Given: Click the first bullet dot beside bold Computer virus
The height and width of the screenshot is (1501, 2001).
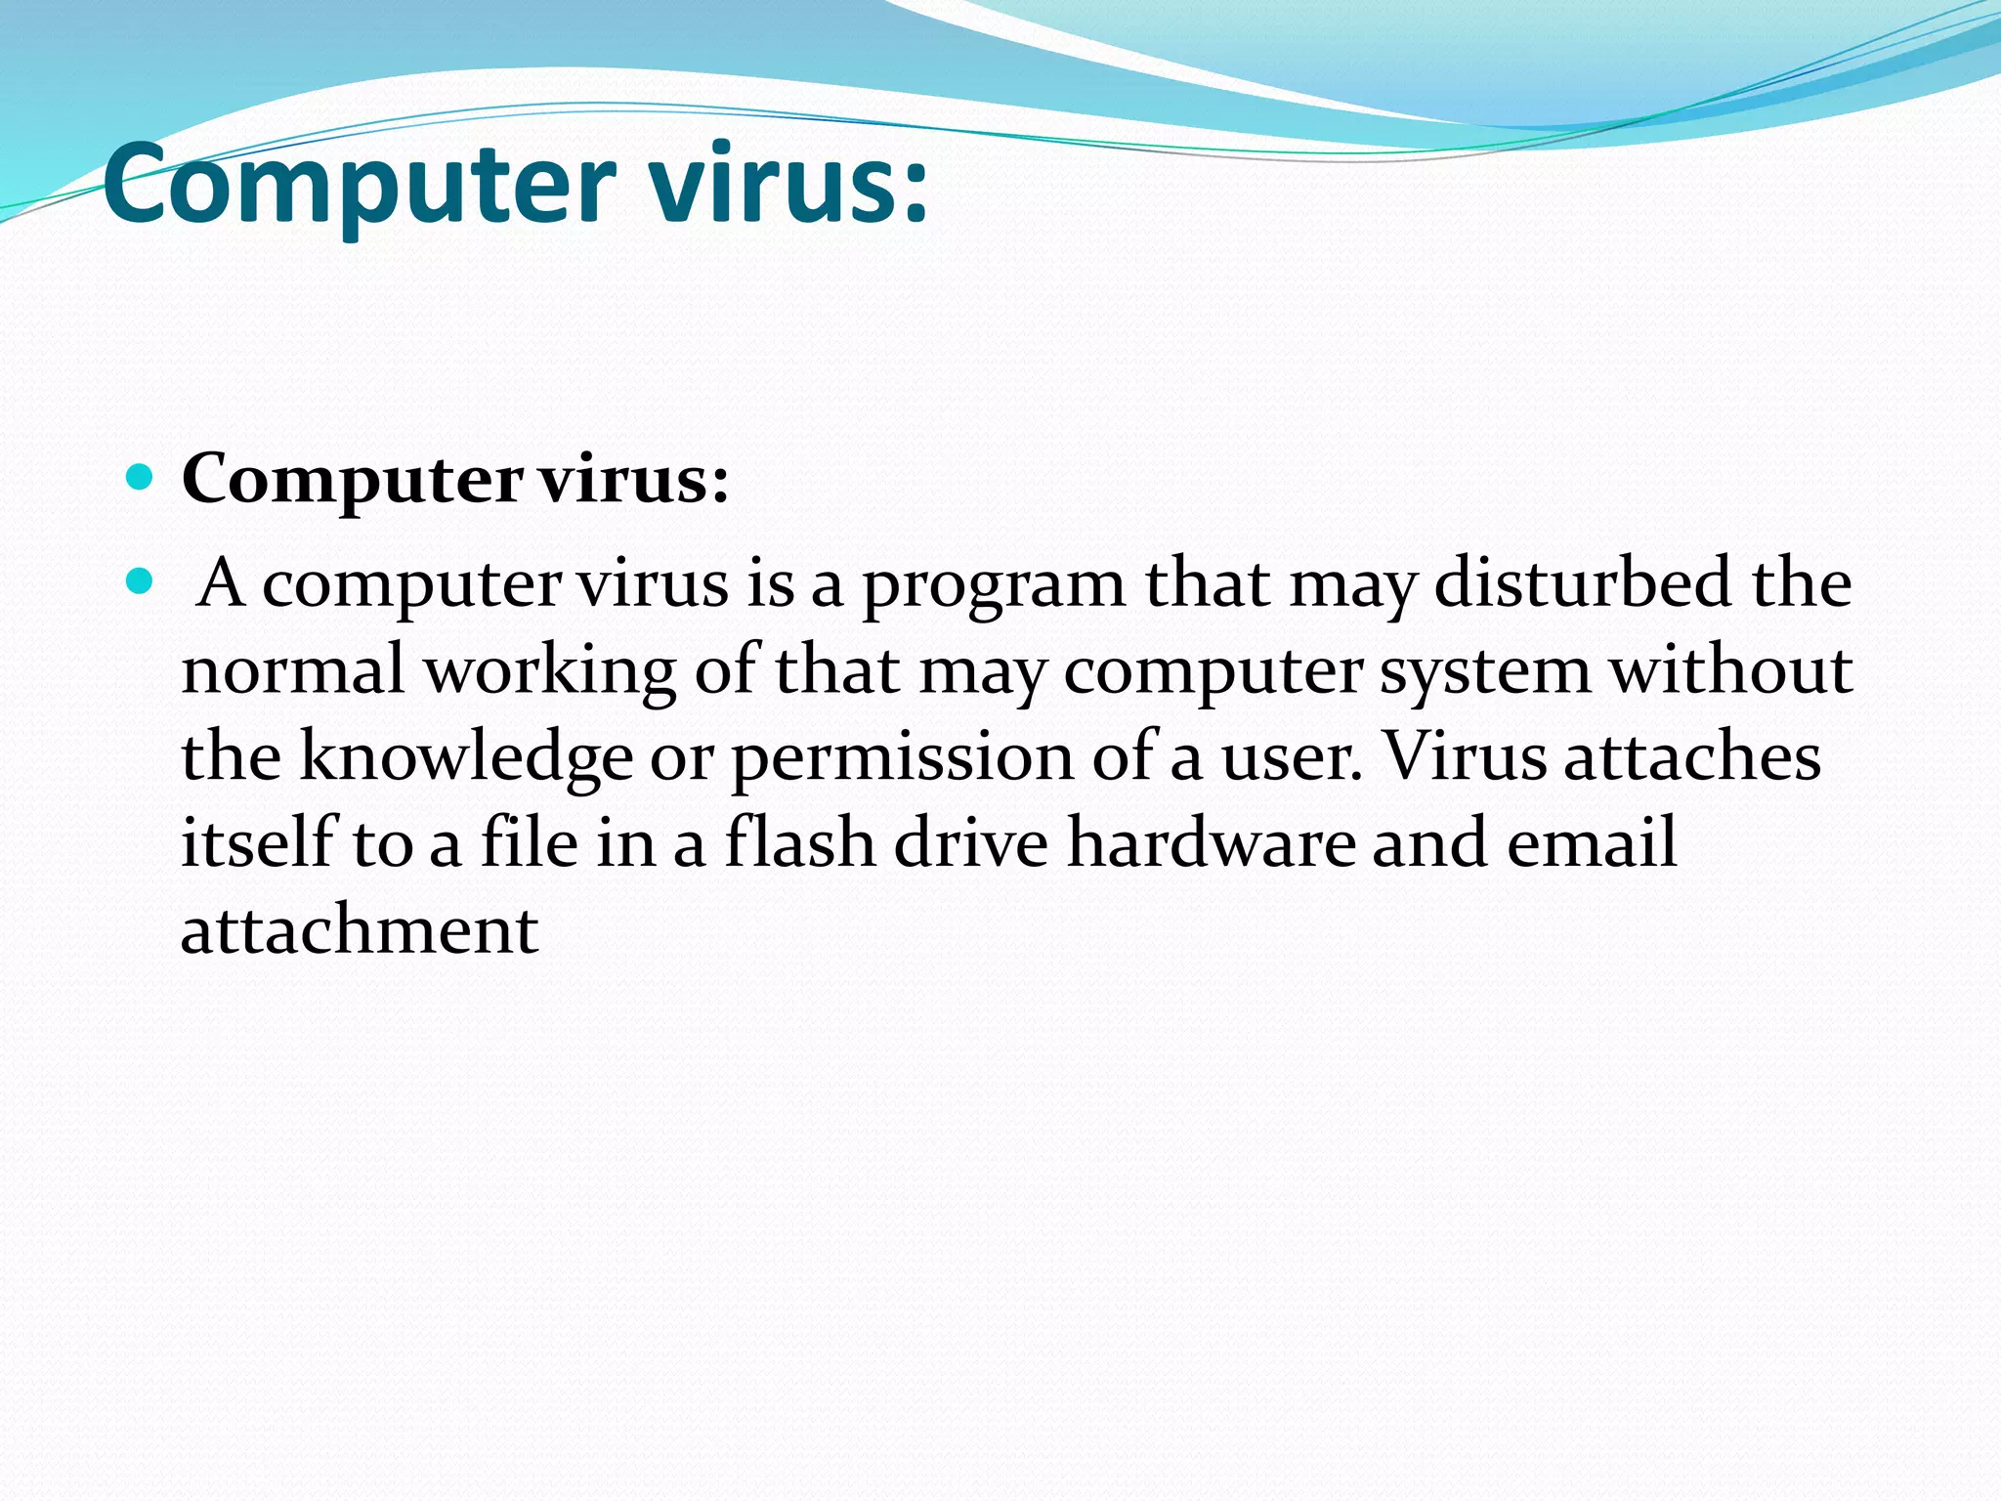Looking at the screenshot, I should pyautogui.click(x=141, y=478).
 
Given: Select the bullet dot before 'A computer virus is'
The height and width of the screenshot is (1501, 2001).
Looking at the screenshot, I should pyautogui.click(x=141, y=582).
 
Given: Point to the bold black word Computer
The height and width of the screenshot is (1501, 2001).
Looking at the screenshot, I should pyautogui.click(x=352, y=481).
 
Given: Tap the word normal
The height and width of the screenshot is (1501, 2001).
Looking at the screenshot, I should pyautogui.click(x=293, y=670).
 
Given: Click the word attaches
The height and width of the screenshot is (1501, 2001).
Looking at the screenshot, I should pyautogui.click(x=1692, y=756).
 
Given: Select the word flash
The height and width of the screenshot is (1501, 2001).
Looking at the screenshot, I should pyautogui.click(x=799, y=842).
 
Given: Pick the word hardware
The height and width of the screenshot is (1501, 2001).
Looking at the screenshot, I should pyautogui.click(x=1211, y=842).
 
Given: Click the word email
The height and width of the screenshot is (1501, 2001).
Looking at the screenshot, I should pyautogui.click(x=1592, y=842).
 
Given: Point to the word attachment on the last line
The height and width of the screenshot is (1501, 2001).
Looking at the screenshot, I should pyautogui.click(x=360, y=929).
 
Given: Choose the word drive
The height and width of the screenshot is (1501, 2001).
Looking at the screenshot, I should pyautogui.click(x=971, y=842).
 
